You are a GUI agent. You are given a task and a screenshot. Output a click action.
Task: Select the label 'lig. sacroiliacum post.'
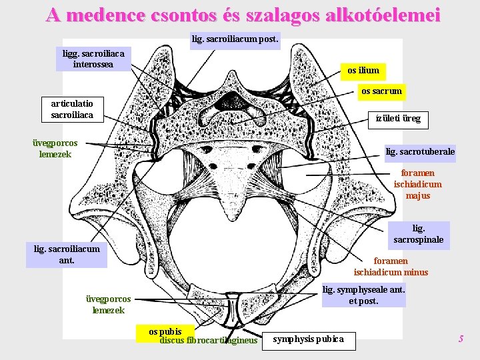(x=235, y=39)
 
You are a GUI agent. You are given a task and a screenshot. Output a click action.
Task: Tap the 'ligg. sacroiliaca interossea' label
(x=93, y=58)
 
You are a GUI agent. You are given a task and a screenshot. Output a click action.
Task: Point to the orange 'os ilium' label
(x=363, y=70)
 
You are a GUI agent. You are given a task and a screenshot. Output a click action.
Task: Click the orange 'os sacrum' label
(x=381, y=91)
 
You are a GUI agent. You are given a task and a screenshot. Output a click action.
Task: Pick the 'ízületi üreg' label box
(x=398, y=119)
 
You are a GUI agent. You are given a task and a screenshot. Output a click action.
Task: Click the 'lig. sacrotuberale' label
(x=421, y=152)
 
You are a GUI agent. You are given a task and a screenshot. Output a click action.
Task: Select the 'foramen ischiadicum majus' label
(x=417, y=185)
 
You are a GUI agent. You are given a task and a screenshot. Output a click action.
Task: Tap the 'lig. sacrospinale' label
(x=418, y=234)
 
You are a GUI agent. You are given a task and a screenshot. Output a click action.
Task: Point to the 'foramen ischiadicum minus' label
(x=391, y=266)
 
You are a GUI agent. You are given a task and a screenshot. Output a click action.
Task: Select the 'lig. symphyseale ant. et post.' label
(x=363, y=295)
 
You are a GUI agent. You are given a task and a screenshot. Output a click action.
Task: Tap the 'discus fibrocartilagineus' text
(x=208, y=340)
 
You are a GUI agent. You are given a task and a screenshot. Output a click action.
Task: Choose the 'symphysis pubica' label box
(x=309, y=339)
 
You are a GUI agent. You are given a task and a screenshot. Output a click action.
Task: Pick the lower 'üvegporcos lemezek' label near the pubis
(x=109, y=305)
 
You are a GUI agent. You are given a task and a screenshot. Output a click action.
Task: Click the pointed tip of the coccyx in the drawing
(x=232, y=219)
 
